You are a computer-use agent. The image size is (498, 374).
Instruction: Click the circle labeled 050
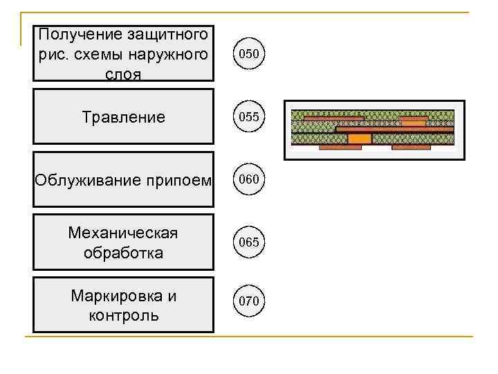tap(249, 53)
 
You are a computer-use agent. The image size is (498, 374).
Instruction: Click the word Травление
tap(123, 117)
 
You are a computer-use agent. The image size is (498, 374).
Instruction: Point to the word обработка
tap(123, 252)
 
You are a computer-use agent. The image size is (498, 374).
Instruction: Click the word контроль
tap(123, 316)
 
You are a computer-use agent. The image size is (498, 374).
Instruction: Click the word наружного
tap(169, 54)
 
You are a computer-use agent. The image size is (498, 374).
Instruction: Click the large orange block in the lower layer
tap(359, 139)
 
